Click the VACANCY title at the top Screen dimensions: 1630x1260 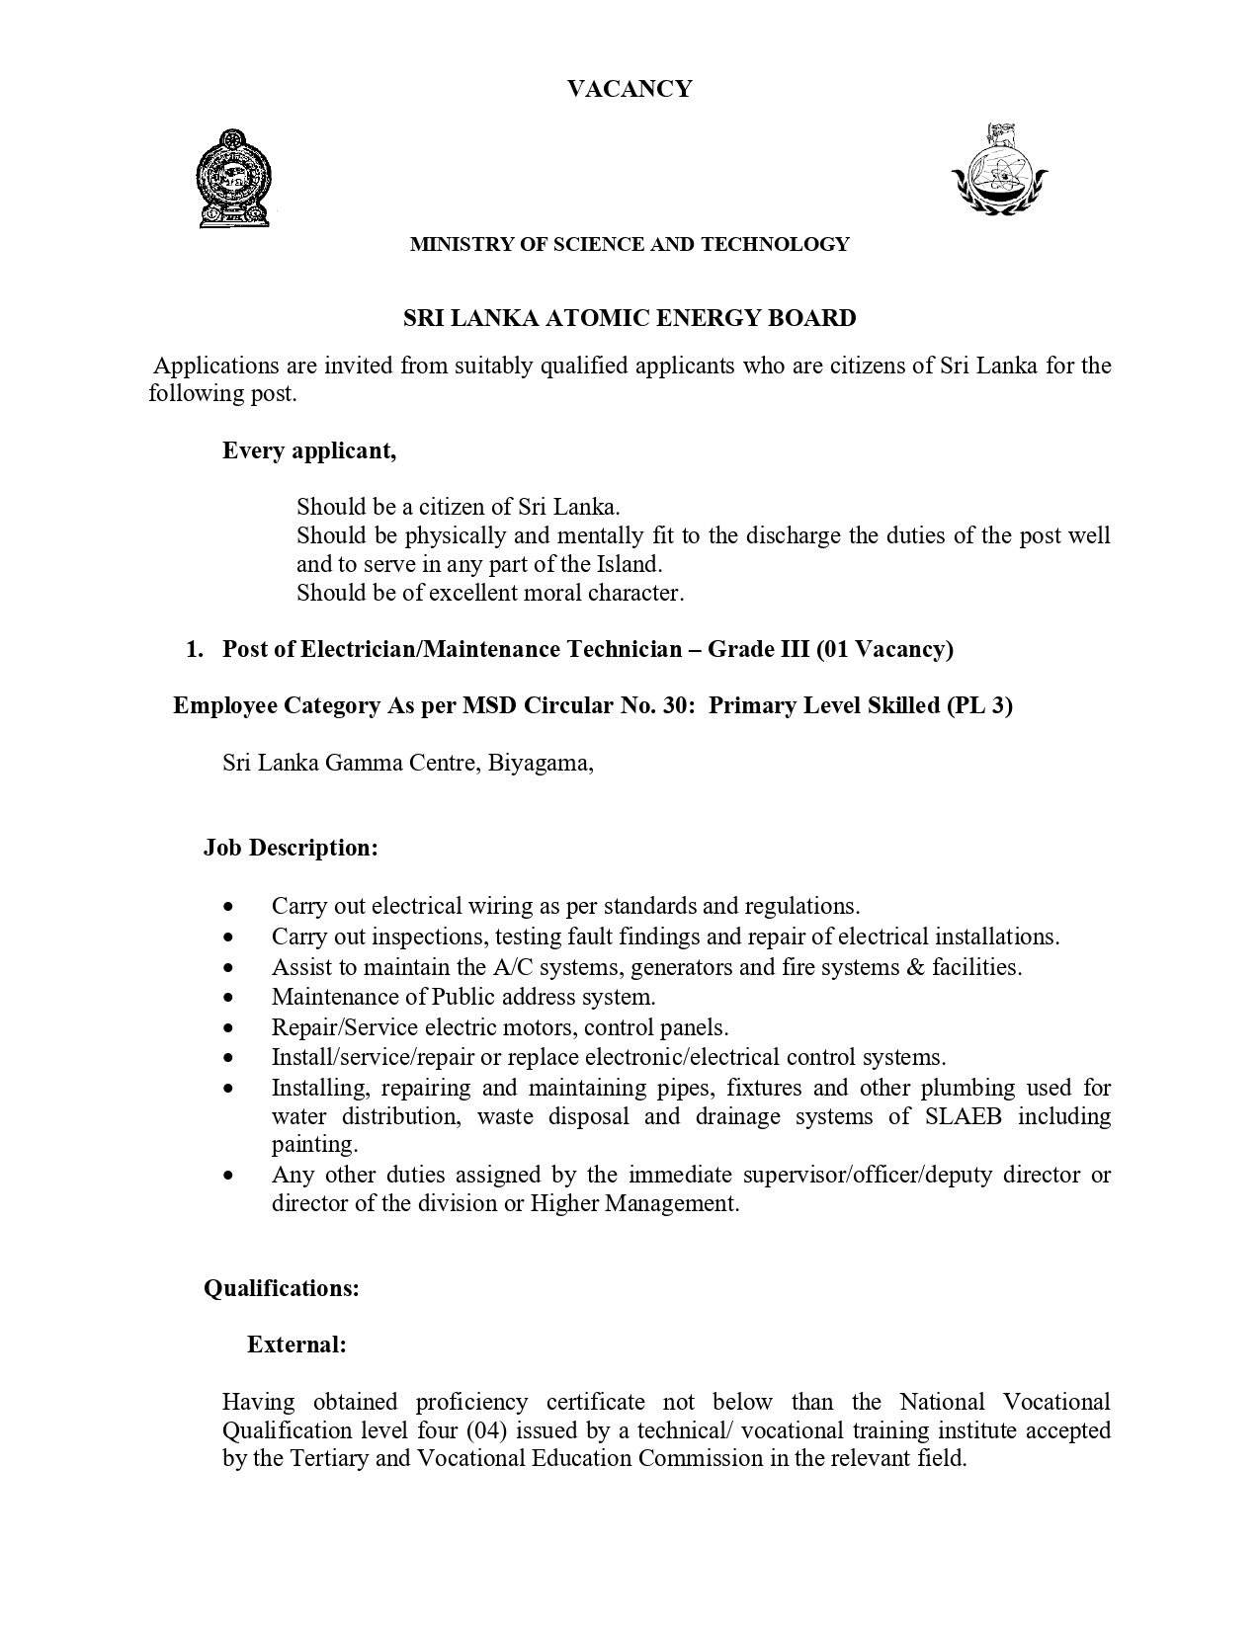coord(630,89)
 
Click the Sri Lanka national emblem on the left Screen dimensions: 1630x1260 coord(234,179)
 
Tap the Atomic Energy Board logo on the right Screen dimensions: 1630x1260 coord(999,170)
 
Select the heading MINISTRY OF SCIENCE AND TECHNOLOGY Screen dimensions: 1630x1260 coord(630,244)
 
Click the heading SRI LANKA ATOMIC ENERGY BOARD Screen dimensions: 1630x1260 coord(630,318)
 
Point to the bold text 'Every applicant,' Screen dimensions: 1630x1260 coord(309,450)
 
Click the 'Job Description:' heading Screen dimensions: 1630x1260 coord(292,848)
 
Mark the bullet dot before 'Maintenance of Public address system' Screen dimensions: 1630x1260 coord(229,998)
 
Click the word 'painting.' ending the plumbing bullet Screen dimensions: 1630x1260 coord(315,1145)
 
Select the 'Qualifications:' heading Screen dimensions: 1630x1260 coord(282,1288)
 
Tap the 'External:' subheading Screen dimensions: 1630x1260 coord(296,1345)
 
